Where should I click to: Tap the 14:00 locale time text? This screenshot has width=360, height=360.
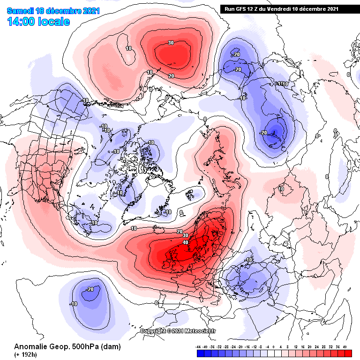(39, 21)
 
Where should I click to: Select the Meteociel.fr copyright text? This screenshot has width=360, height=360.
(178, 331)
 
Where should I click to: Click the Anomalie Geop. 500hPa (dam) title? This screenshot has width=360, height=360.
(67, 346)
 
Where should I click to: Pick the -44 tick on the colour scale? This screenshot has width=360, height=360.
(198, 346)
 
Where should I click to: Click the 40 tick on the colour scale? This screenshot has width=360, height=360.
(345, 346)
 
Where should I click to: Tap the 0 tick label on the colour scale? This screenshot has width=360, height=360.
(274, 346)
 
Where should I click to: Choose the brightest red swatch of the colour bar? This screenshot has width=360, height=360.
(348, 352)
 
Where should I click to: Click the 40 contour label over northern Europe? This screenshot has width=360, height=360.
(185, 242)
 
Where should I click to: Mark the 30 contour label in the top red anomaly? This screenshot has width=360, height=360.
(171, 43)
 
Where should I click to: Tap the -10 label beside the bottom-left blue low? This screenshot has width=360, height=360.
(73, 304)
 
